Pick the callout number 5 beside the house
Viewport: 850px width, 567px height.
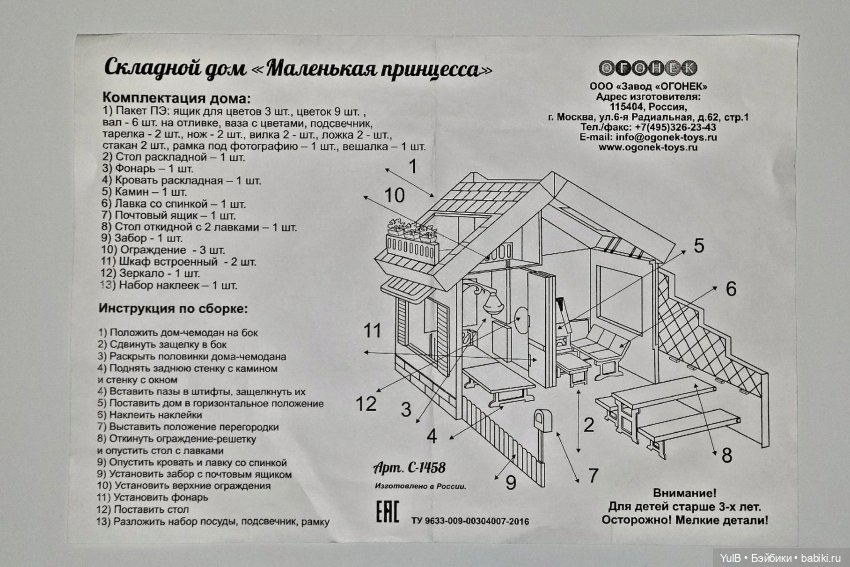(698, 245)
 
